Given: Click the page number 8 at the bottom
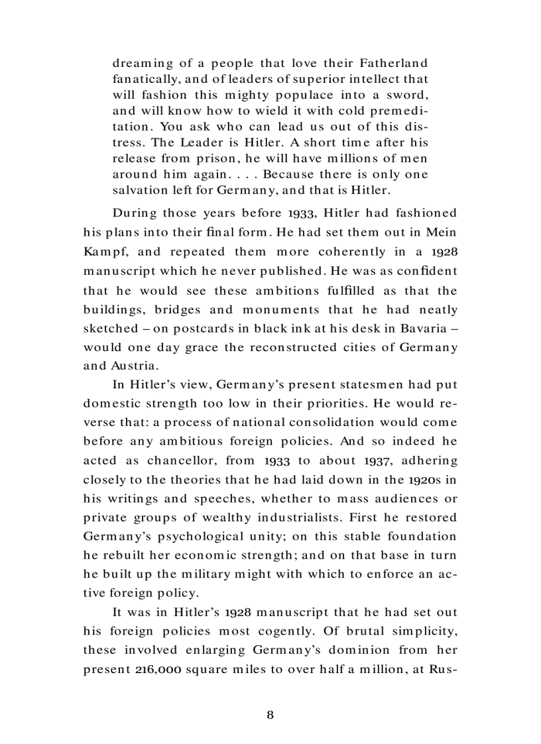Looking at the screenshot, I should (270, 714).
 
